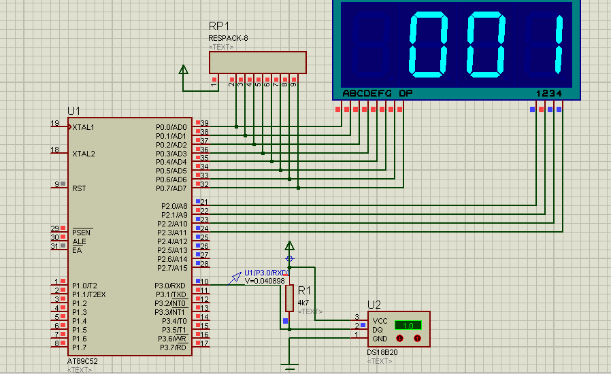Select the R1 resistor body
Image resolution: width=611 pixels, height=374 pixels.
tap(289, 298)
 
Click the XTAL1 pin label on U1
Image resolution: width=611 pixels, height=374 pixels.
tap(84, 127)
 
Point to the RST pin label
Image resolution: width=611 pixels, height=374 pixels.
tap(78, 188)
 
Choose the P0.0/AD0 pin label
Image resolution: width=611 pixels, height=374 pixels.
tap(171, 127)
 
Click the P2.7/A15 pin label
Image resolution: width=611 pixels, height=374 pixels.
tap(171, 268)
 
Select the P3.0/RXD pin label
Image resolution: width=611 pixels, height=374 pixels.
tap(170, 286)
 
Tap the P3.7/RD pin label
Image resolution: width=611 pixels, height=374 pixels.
tap(172, 347)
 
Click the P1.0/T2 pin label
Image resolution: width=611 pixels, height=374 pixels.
tap(84, 286)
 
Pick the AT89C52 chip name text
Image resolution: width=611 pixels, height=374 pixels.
tap(84, 360)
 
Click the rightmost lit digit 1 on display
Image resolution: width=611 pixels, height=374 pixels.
tap(559, 46)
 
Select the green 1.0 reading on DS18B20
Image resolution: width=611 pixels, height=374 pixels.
tap(408, 325)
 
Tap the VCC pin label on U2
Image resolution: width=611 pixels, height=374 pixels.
tap(380, 320)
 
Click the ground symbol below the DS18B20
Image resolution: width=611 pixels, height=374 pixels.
tap(290, 368)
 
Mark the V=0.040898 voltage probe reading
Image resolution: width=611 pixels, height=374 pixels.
tap(264, 280)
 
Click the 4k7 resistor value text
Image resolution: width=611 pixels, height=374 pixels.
tap(304, 302)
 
